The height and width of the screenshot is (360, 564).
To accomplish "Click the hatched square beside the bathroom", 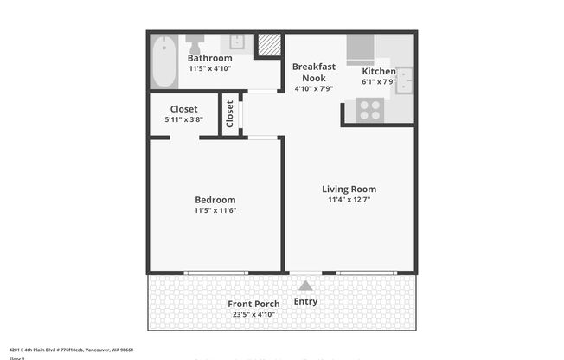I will click(x=269, y=44).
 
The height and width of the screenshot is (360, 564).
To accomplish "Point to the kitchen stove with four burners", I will click(x=369, y=110).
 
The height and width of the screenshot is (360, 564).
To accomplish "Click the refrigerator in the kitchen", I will click(x=361, y=49).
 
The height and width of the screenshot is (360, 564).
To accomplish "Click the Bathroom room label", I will click(x=209, y=58).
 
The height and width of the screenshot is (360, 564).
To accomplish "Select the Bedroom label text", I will click(x=215, y=200).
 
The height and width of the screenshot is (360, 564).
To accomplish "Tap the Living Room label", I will click(x=349, y=189).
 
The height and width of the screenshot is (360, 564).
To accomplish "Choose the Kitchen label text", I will click(x=378, y=71).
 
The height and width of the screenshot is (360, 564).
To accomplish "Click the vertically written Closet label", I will click(x=230, y=114).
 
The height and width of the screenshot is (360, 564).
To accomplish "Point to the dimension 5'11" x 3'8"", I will click(x=183, y=120).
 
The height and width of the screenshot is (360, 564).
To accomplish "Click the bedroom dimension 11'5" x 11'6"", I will click(x=215, y=210).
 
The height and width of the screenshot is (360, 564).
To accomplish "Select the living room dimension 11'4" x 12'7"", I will click(x=349, y=200).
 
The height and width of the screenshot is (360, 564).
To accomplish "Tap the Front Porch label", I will click(x=253, y=304).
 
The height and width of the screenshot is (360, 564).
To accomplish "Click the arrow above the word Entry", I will click(x=304, y=286).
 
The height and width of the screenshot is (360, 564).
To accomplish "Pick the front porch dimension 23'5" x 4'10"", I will click(x=253, y=315).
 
